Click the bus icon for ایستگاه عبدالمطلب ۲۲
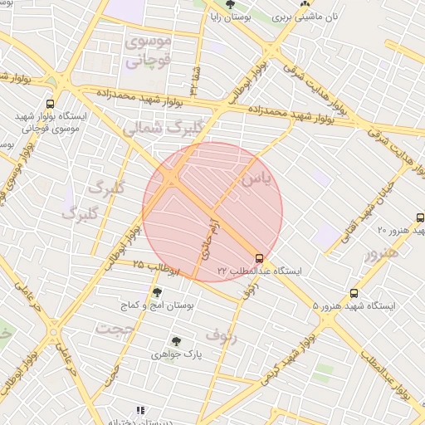(260, 257)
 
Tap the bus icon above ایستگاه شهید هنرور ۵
(354, 293)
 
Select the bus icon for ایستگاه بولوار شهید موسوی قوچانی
(51, 105)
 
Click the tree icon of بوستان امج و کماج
(157, 291)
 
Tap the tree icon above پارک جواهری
(176, 340)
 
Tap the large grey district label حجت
(114, 329)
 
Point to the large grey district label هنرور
(381, 252)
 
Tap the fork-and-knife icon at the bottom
(140, 410)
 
